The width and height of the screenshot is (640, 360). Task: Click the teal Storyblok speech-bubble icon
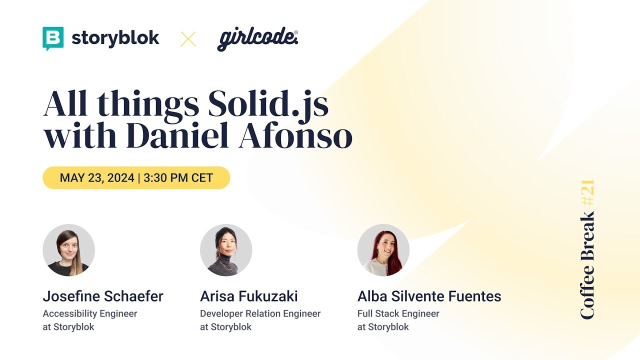pos(53,38)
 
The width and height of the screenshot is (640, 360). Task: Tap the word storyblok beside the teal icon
pos(115,38)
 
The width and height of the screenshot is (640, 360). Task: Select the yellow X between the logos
pos(188,39)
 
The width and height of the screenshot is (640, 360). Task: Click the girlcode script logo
pos(257,39)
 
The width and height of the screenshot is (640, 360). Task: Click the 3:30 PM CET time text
pos(178,178)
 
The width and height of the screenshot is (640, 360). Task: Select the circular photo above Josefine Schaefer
pos(68,250)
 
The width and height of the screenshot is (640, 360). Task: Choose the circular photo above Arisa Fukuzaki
pos(226,250)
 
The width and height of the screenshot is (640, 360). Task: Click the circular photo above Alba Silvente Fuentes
pos(383,250)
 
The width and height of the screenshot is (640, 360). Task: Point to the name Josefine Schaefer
pos(103,296)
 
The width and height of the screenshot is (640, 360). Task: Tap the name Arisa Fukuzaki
pos(249,296)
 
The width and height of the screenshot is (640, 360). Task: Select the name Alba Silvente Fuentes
pos(429,296)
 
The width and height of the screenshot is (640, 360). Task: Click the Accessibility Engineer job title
pos(90,314)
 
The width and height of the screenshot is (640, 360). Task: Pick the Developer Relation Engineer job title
pos(260,314)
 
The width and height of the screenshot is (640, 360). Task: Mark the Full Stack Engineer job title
pos(398,314)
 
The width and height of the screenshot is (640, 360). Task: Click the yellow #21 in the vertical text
pos(588,193)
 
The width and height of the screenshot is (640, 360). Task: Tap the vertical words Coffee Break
pos(588,265)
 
